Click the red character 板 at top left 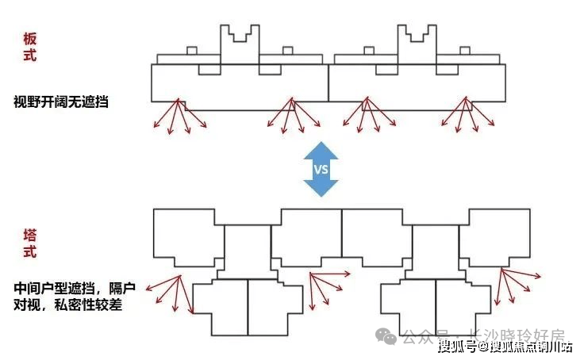31,39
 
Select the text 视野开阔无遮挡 60,101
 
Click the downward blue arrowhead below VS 321,189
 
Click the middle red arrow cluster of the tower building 325,287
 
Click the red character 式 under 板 31,56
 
